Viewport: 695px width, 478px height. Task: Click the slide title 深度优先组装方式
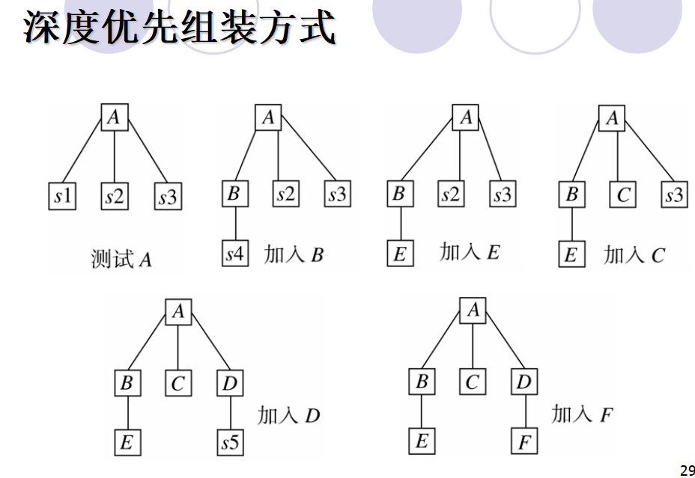179,27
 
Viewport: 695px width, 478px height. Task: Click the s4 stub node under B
234,254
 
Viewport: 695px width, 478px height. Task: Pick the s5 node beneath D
230,443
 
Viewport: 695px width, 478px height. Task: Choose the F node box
524,442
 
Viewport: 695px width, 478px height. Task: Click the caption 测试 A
121,260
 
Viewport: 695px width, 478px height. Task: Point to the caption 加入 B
294,254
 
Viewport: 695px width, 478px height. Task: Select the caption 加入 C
634,255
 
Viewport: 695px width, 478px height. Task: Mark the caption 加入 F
582,414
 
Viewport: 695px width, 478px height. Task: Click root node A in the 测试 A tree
115,117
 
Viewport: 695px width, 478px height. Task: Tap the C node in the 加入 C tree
624,196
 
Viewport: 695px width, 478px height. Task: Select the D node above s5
229,384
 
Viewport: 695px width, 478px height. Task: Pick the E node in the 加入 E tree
398,254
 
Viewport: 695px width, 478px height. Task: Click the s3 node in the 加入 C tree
674,196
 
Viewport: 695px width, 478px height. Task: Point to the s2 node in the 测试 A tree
115,197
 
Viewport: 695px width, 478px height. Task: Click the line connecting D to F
524,412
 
